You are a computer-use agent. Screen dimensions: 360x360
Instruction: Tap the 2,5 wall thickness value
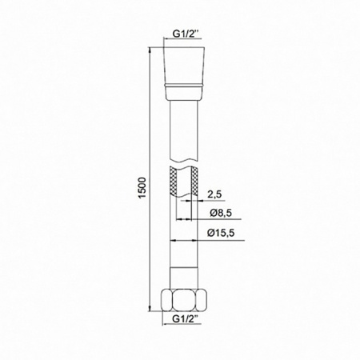click(x=213, y=194)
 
